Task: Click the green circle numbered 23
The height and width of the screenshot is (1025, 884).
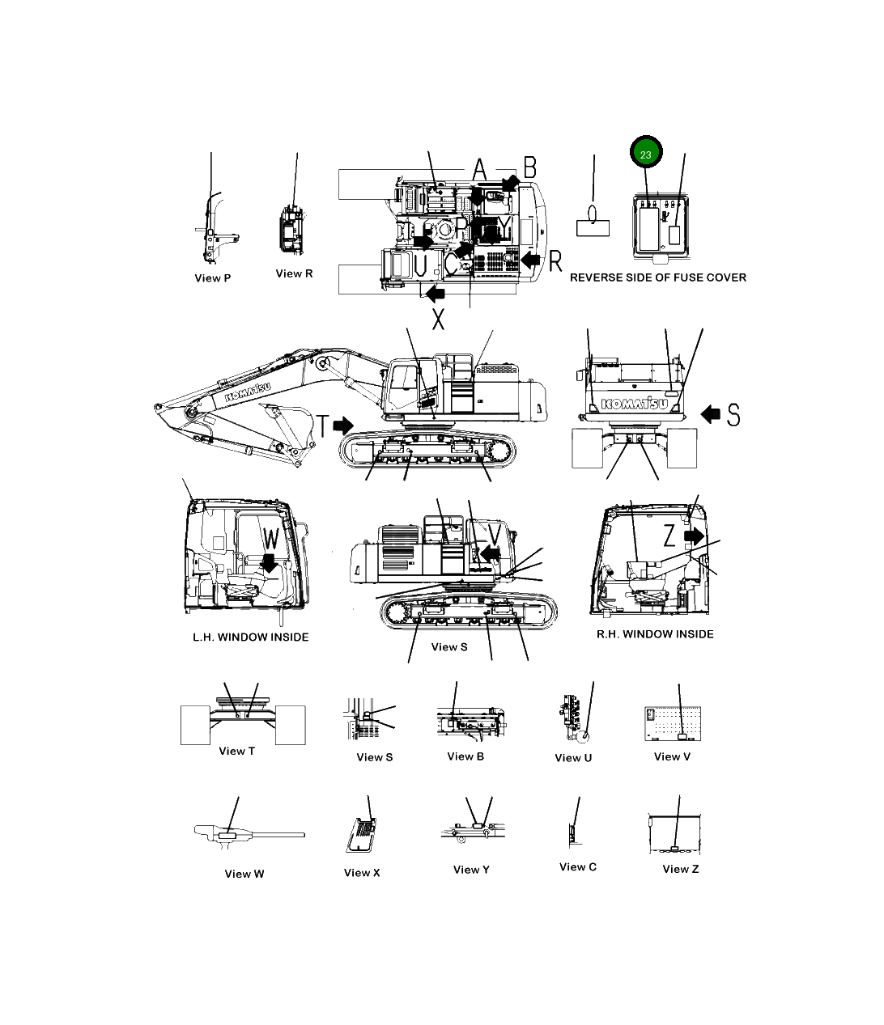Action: click(646, 154)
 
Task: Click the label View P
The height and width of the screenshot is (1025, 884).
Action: click(213, 278)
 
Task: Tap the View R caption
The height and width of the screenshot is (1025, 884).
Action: click(294, 273)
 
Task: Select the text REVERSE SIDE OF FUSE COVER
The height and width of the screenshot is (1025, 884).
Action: click(658, 277)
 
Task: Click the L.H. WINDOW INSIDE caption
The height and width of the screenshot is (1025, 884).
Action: click(250, 637)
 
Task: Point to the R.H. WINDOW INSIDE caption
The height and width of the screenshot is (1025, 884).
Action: click(655, 634)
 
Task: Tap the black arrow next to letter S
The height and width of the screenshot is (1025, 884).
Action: click(710, 415)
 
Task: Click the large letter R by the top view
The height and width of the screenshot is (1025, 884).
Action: click(555, 261)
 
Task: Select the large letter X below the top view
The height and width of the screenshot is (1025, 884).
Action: click(438, 319)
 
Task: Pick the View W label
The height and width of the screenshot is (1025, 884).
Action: click(244, 874)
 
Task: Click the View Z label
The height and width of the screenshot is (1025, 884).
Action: click(680, 869)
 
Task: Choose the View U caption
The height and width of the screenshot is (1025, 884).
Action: click(573, 758)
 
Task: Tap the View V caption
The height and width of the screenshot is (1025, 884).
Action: click(672, 756)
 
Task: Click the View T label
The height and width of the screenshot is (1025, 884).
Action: click(236, 751)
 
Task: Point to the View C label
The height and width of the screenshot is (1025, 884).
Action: click(578, 866)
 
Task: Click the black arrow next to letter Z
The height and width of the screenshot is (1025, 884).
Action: click(694, 536)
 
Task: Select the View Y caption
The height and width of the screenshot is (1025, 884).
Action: click(471, 870)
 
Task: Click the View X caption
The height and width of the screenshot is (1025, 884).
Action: click(362, 872)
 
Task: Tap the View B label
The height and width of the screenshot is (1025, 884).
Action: click(465, 756)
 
